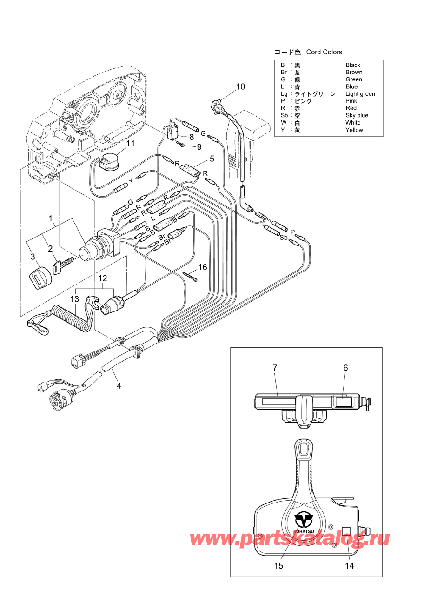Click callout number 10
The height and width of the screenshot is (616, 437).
[240, 86]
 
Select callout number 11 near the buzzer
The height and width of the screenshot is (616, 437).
[130, 144]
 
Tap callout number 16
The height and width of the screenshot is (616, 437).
[203, 267]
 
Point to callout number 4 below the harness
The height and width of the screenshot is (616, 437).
[119, 386]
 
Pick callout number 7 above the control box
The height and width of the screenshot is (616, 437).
[275, 367]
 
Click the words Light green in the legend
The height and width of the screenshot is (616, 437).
[360, 94]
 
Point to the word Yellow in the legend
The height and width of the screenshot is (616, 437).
[354, 130]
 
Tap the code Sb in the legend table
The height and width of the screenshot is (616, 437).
[284, 115]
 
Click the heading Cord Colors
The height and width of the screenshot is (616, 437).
[324, 52]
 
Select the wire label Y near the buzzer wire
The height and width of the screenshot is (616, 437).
[131, 181]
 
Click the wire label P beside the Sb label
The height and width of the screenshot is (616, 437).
[292, 232]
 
